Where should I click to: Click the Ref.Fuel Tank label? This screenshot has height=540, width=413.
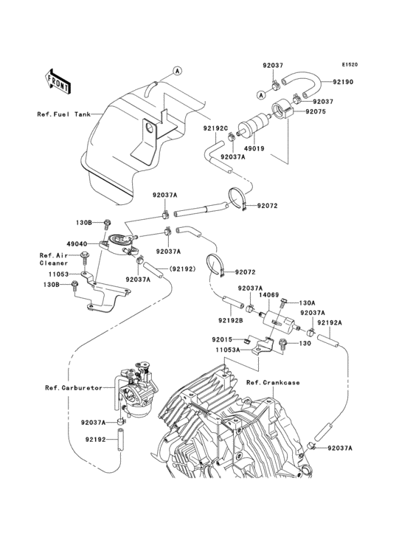[x=63, y=114]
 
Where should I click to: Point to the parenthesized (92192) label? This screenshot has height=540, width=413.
[x=182, y=269]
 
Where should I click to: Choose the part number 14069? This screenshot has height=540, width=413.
[x=269, y=295]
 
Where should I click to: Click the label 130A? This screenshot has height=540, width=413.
[x=307, y=302]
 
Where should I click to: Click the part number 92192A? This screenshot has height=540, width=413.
[x=330, y=322]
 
